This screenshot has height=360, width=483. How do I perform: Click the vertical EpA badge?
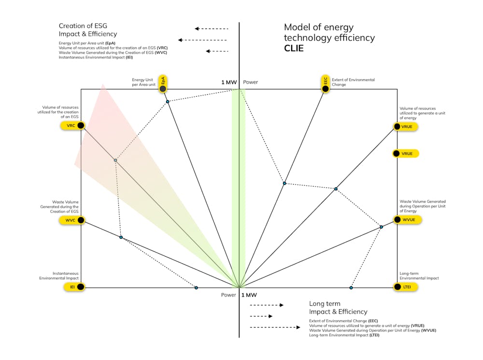coord(163,84)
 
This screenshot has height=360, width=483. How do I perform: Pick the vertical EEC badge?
coord(326,84)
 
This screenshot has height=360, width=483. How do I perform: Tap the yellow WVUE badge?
coord(406,220)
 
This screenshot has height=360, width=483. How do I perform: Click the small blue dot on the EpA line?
coord(168,101)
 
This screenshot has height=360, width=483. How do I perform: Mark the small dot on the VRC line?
coord(115,160)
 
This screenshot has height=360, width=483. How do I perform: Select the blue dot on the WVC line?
coord(121,237)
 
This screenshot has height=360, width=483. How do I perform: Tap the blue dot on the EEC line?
coord(284,183)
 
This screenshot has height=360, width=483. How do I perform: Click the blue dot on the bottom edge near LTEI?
coord(351,288)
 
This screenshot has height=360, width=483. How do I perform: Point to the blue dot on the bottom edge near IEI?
coord(196,288)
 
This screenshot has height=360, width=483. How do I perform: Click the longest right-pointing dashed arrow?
coord(275,328)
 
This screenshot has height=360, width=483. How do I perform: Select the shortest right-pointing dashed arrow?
coord(261,317)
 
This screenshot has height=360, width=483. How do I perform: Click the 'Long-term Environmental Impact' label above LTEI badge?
coord(419,275)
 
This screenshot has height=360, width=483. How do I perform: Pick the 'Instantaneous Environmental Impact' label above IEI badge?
coord(59,275)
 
